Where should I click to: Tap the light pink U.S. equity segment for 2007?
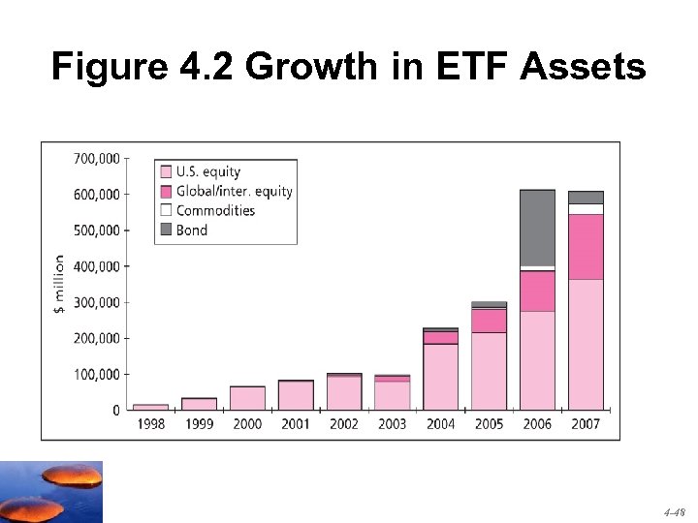[x=586, y=344]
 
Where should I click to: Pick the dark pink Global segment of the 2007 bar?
[x=586, y=247]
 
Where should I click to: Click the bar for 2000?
[x=247, y=398]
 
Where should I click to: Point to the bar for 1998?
[x=150, y=407]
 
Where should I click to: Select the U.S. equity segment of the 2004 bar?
[x=440, y=377]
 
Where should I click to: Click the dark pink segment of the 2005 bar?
[x=489, y=321]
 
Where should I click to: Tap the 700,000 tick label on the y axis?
[x=97, y=158]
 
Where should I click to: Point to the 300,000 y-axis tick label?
[x=97, y=302]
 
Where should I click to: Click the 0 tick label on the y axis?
[x=116, y=411]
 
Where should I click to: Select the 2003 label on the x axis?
[x=392, y=424]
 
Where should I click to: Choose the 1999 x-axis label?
[x=199, y=424]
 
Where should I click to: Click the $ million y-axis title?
[x=58, y=284]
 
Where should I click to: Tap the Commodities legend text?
[x=215, y=210]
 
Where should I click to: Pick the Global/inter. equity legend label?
[x=234, y=191]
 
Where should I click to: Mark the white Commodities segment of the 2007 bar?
[x=586, y=208]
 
